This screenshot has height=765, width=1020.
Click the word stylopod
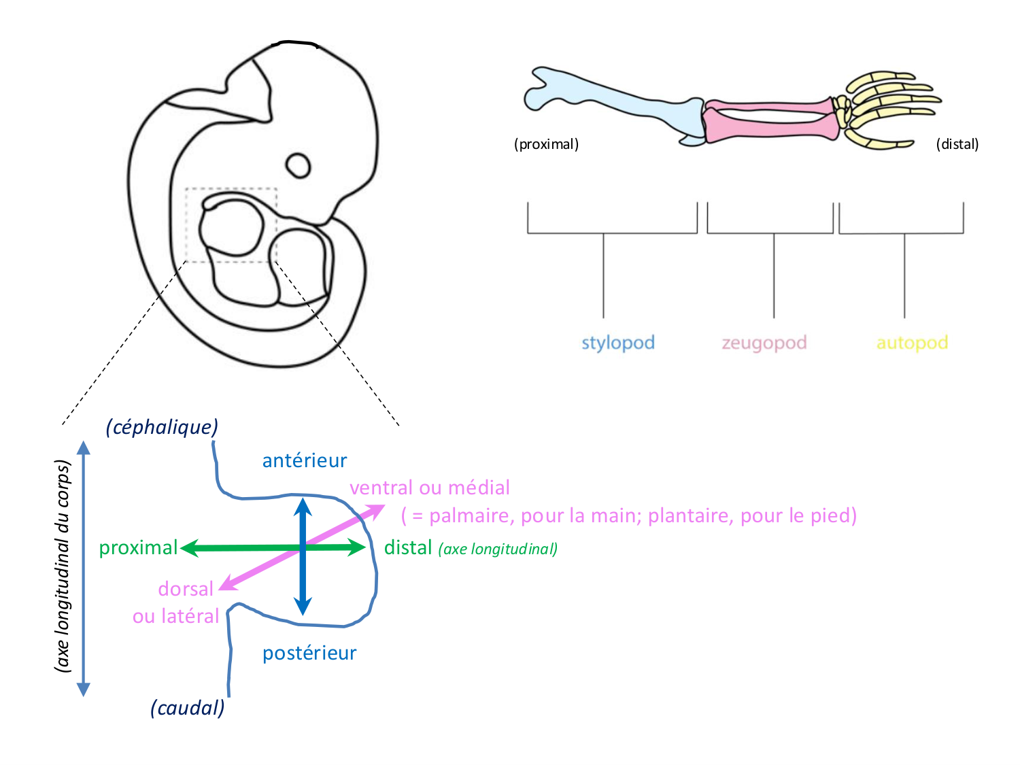[x=617, y=343]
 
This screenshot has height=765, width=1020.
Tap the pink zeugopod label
[x=764, y=343]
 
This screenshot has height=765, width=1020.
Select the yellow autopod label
[x=912, y=343]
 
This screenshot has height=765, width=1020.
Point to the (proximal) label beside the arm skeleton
[x=546, y=144]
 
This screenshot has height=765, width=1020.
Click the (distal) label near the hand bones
[x=957, y=144]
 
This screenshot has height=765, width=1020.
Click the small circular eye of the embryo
[x=298, y=165]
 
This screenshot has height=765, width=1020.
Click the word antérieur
[x=305, y=461]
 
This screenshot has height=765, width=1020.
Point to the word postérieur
[x=309, y=653]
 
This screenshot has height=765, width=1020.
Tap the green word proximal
[x=138, y=548]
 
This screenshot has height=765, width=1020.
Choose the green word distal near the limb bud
[x=408, y=548]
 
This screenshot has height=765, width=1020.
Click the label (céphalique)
[x=162, y=427]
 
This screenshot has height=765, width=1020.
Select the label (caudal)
[x=187, y=708]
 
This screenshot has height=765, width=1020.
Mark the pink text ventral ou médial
[x=429, y=488]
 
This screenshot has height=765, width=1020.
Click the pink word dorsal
[x=186, y=589]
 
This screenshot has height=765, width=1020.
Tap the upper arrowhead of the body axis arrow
[x=84, y=447]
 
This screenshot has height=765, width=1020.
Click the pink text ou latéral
[x=175, y=617]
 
